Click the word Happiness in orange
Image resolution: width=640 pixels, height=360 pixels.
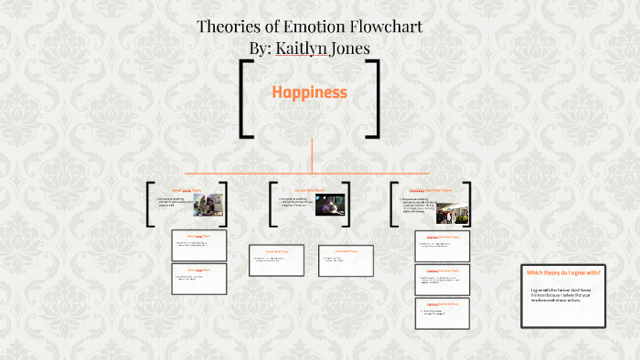tap(309, 92)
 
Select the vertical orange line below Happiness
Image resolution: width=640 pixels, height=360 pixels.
tap(312, 154)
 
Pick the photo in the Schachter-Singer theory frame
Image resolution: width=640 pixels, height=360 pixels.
tap(452, 211)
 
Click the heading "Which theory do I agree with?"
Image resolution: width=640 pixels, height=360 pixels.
tap(562, 272)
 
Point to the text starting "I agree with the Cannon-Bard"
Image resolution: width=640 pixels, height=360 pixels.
tap(562, 296)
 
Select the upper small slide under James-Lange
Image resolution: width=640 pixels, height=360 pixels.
tap(199, 245)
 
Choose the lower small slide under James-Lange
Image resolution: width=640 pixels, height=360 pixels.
tap(199, 278)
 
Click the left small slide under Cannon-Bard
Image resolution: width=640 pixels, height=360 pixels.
tap(275, 259)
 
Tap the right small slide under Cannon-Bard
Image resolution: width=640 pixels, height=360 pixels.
tap(346, 259)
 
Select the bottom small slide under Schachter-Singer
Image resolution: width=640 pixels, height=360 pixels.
tap(442, 312)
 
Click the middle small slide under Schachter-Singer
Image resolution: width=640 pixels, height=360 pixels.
tap(442, 279)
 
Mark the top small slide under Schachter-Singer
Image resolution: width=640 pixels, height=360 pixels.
tap(442, 245)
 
